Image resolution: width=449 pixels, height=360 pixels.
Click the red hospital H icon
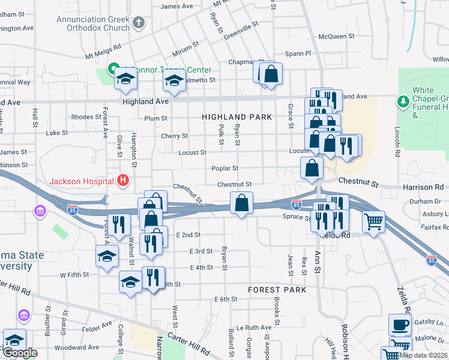(x=123, y=180)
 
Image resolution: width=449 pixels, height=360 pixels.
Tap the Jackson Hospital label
(x=81, y=181)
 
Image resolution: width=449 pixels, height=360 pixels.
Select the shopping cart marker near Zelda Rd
(x=374, y=222)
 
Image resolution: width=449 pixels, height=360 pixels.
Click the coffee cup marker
(x=400, y=325)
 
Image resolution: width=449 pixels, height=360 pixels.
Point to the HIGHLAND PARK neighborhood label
(x=237, y=117)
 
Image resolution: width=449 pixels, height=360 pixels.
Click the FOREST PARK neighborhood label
(x=277, y=290)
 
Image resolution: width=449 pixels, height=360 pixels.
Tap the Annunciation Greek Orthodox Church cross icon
(x=139, y=23)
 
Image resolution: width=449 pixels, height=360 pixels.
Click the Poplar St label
(x=225, y=169)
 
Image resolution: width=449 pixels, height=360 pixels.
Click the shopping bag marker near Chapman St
(x=271, y=74)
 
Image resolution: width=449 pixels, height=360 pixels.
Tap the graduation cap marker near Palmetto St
(x=173, y=81)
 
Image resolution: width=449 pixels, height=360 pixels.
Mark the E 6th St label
(x=226, y=299)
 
